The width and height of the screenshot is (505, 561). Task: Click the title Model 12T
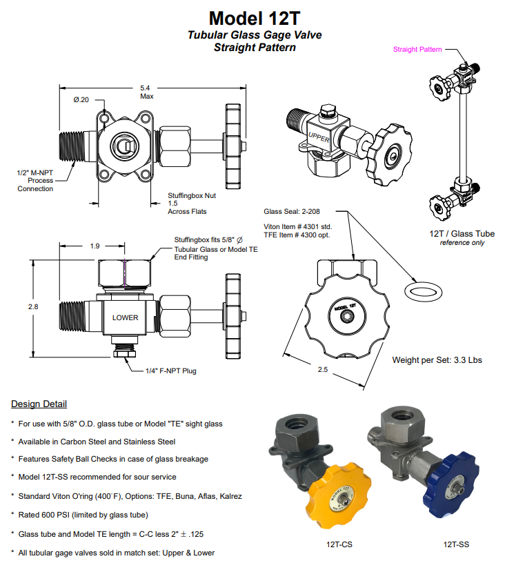255,17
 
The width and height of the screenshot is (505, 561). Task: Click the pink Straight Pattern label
417,49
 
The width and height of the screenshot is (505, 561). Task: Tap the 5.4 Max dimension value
146,92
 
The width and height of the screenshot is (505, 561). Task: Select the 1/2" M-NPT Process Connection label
35,180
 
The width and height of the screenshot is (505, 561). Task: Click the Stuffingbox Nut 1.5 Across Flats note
188,204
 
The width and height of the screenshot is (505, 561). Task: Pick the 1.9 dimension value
95,246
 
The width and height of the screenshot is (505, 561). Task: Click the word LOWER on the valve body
125,318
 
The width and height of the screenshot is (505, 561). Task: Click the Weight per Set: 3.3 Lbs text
437,360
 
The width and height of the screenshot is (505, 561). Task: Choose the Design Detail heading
39,404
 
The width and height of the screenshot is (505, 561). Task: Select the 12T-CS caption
339,545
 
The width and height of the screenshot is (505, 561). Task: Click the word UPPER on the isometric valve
319,136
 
